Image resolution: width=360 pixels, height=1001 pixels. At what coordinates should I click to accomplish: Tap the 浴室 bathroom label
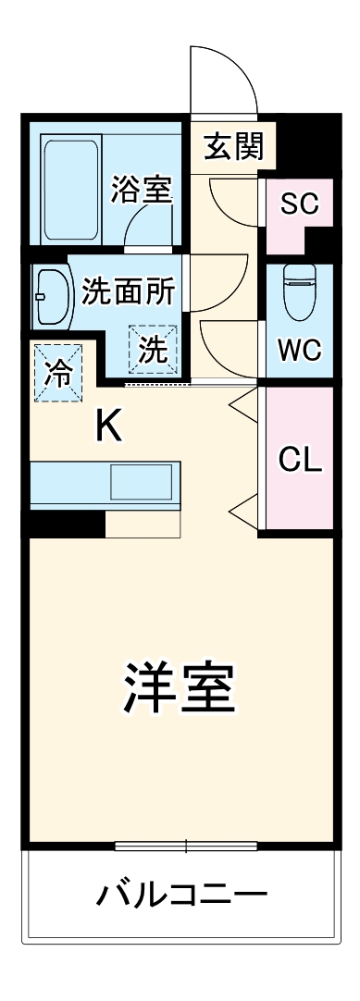tap(142, 191)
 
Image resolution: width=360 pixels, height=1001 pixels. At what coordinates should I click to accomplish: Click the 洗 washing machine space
tap(152, 350)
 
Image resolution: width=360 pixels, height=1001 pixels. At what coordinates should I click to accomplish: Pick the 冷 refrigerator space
tap(58, 372)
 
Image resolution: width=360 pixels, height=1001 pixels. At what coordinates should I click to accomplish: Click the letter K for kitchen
tap(108, 427)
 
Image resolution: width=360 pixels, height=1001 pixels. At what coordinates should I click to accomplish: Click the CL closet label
tap(300, 460)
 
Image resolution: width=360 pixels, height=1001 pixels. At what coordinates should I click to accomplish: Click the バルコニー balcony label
tap(181, 896)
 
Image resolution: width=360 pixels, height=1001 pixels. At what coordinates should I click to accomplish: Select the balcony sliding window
tap(185, 846)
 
